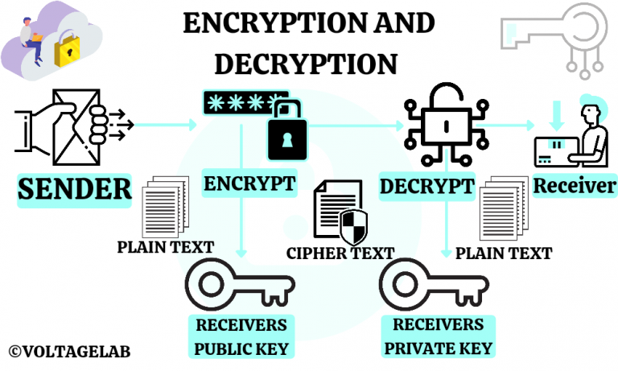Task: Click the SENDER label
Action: click(x=74, y=189)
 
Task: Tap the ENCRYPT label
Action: click(x=249, y=183)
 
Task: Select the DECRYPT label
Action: click(x=426, y=187)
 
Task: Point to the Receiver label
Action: click(x=575, y=187)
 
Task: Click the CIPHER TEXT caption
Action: click(x=340, y=253)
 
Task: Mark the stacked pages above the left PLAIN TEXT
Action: click(x=165, y=208)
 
